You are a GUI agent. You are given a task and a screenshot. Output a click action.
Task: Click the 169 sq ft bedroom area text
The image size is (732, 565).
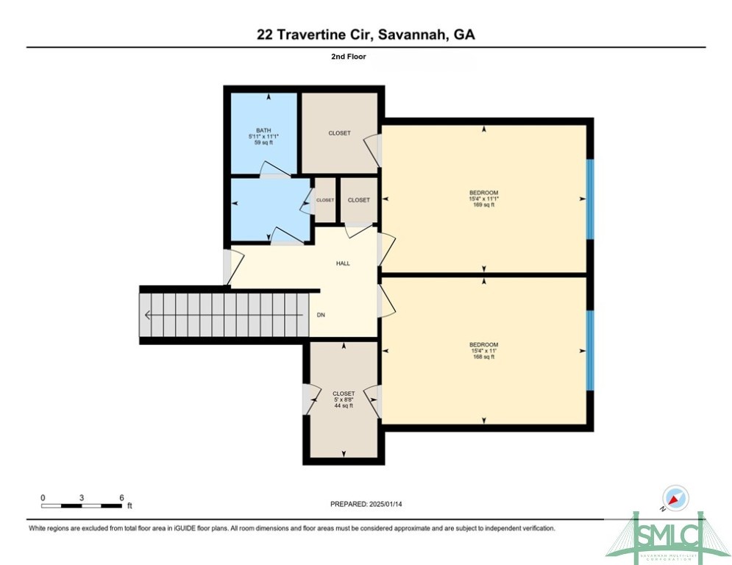point(483,205)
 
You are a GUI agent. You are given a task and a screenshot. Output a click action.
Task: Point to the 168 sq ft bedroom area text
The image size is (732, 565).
point(483,357)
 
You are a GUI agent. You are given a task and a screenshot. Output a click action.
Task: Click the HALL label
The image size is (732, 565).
point(343,263)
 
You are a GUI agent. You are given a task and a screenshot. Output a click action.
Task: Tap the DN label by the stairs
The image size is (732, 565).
point(321,315)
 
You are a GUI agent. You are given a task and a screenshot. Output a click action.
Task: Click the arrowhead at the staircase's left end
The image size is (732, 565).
point(148,316)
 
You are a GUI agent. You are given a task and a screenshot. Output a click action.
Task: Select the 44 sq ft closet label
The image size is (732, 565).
point(344,405)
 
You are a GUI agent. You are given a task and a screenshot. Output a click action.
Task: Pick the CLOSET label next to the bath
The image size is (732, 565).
point(339,133)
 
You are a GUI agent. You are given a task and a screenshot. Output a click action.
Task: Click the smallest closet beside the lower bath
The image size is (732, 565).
point(325,200)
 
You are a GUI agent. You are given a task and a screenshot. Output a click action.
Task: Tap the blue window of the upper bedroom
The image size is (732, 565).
point(589,199)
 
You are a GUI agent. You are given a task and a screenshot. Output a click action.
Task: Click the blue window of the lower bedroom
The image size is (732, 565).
point(589,350)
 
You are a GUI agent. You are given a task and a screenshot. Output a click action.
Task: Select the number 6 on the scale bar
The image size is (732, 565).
point(121,498)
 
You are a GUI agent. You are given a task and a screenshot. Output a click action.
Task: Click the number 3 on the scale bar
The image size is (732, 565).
point(82,498)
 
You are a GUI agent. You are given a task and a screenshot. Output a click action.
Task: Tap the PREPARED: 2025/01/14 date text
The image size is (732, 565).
point(366,504)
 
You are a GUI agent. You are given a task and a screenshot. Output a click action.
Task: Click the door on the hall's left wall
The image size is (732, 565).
point(227,268)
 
